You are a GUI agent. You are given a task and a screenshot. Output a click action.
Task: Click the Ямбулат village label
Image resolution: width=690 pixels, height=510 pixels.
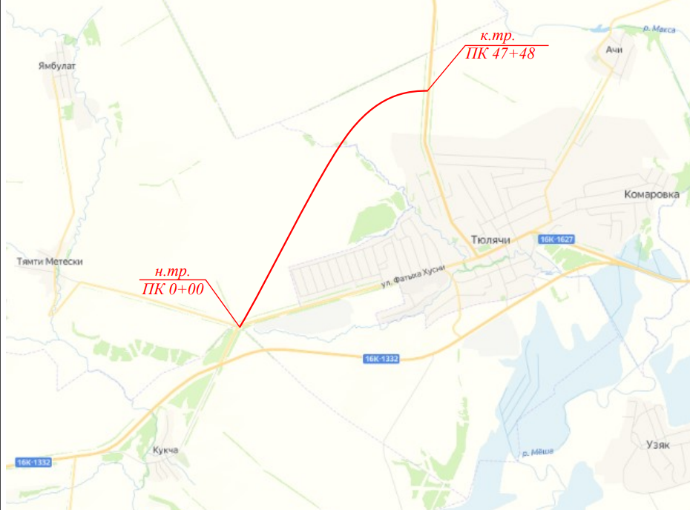pos(57,66)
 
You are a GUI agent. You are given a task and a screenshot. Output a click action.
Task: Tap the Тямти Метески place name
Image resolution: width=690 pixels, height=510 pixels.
pos(50,262)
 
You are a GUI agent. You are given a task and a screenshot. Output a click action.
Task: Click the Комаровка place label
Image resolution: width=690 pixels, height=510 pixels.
pos(651,194)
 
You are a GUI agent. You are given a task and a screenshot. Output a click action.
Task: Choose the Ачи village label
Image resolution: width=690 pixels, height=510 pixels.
pos(613,50)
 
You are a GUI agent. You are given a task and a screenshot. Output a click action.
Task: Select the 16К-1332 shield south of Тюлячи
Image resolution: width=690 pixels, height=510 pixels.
pos(381,359)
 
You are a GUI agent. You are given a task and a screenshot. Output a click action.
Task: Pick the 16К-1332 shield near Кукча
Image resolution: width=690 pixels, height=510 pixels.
pos(32,463)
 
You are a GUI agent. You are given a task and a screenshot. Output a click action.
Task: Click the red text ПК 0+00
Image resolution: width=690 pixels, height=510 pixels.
pos(172,291)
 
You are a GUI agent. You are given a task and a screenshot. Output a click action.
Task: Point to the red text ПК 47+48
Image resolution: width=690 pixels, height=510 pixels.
pos(500,54)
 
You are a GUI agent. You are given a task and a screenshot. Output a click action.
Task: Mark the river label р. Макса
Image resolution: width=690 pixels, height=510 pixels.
pos(659,29)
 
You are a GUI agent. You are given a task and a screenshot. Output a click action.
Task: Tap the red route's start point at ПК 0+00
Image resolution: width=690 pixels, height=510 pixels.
pos(240,326)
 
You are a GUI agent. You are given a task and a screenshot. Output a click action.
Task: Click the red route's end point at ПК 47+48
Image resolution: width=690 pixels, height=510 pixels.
pos(427,90)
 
